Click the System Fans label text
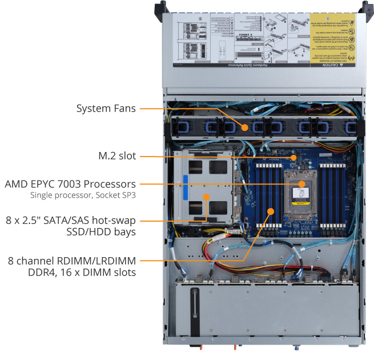[106, 107]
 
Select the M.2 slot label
[118, 155]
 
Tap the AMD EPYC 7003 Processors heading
[70, 184]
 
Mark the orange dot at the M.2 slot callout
[293, 156]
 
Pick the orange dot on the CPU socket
[303, 184]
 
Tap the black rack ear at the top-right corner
[363, 6]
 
